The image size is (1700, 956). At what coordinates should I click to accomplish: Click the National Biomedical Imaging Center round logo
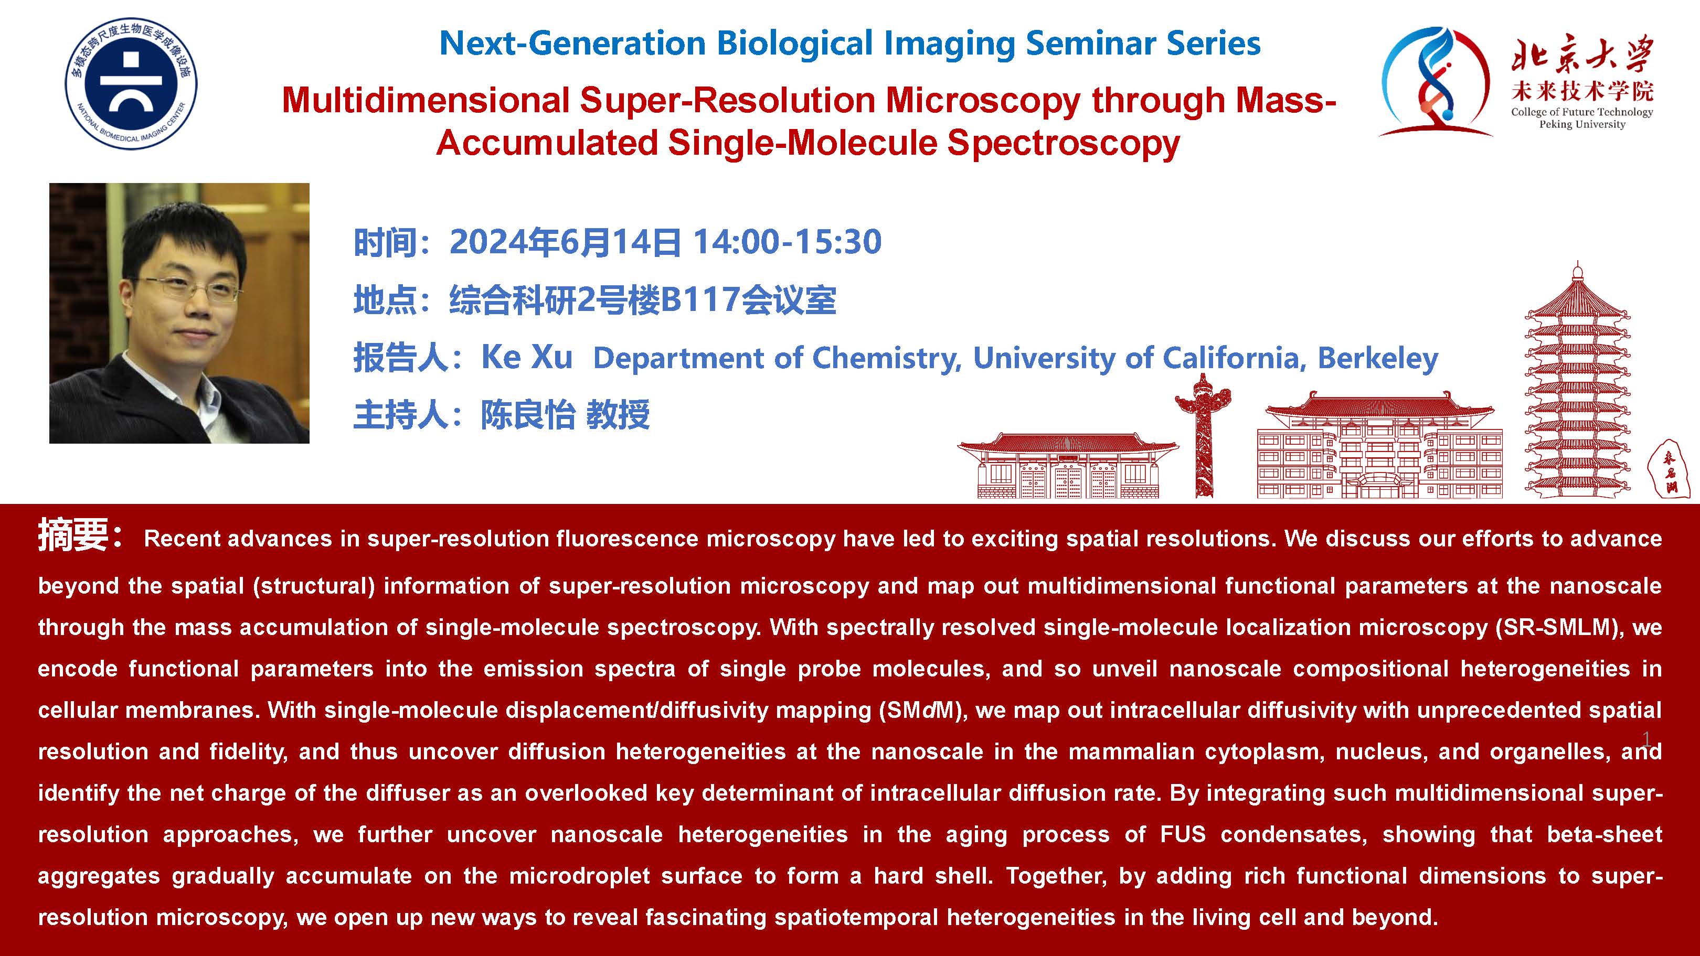coord(131,83)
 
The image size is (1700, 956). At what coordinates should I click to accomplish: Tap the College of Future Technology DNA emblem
coord(1436,82)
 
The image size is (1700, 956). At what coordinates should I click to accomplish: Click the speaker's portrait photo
coord(179,314)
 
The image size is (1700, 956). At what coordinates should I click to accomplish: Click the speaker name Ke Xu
coord(527,358)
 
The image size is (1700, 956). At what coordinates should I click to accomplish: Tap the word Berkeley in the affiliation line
coord(1378,358)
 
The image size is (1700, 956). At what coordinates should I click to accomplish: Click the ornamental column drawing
coord(1203,435)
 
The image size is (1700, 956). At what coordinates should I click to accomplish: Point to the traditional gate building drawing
coord(1068,465)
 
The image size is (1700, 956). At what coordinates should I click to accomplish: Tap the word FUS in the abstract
coord(1183,835)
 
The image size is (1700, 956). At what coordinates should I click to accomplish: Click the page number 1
coord(1646,738)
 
